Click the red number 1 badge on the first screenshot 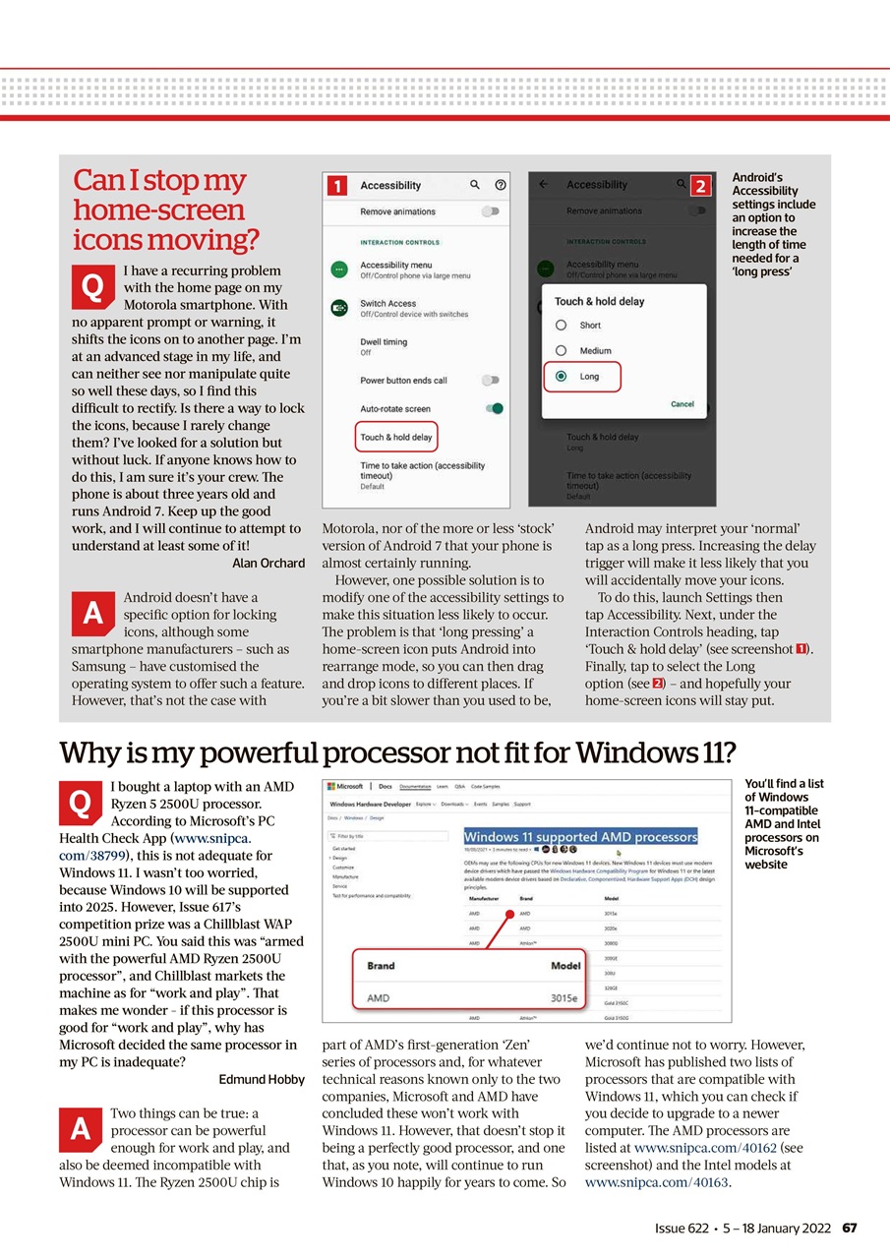click(x=335, y=186)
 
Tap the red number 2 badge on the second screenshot click(x=700, y=185)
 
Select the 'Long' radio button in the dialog click(x=561, y=376)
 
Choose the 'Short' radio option click(x=561, y=326)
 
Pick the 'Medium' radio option click(x=561, y=351)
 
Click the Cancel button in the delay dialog click(x=682, y=404)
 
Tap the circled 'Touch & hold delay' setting click(x=395, y=437)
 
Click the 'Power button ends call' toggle click(x=490, y=380)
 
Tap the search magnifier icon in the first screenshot click(x=475, y=185)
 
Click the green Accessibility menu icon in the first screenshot click(x=339, y=270)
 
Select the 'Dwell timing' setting click(x=384, y=342)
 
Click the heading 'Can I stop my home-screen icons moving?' click(x=166, y=210)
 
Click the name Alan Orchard click(x=267, y=563)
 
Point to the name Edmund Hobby click(x=261, y=1080)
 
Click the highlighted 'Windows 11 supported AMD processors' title click(x=580, y=837)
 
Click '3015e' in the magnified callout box click(x=564, y=997)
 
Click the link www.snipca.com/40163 click(x=656, y=1182)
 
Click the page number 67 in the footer click(x=851, y=1228)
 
